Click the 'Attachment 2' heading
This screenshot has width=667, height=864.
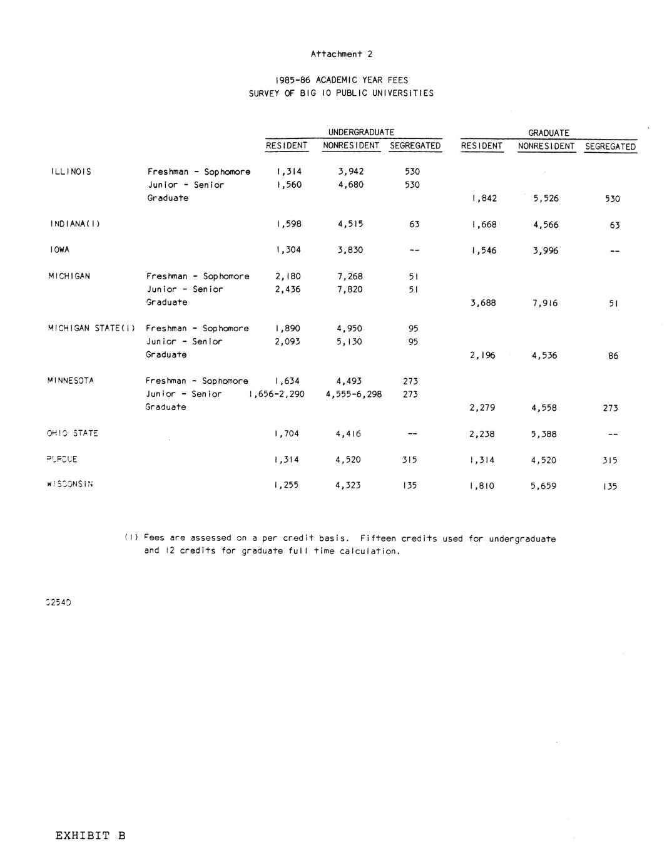pos(341,54)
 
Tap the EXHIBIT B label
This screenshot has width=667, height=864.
pos(90,835)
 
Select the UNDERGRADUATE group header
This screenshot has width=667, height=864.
pos(361,133)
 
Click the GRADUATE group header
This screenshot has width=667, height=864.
pos(549,133)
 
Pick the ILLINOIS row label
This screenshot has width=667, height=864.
pos(71,172)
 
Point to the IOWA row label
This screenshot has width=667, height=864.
pos(59,250)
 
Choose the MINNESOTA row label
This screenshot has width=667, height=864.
pos(70,381)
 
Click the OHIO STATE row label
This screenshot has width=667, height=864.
pos(72,433)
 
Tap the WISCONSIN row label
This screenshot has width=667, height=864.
pos(70,484)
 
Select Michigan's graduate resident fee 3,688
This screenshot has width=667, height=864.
pos(482,303)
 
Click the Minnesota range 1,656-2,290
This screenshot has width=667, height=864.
pos(277,394)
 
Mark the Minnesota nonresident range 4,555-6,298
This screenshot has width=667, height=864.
pos(354,394)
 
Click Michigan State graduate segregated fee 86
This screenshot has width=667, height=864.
pos(613,356)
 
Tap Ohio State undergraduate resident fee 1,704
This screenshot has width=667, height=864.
pos(287,434)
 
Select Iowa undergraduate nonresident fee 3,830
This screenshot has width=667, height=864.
pos(349,250)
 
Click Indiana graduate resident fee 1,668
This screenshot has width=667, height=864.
pos(483,225)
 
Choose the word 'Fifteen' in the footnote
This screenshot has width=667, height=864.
pos(378,538)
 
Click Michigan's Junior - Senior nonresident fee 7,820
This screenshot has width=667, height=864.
pos(350,289)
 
